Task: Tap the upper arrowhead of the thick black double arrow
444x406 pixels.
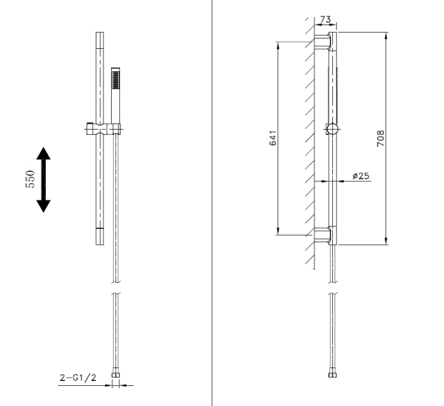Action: click(x=44, y=154)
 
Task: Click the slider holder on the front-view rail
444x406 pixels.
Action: click(x=101, y=129)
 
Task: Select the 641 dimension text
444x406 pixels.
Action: click(x=273, y=138)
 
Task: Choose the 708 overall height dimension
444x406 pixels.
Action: click(x=380, y=138)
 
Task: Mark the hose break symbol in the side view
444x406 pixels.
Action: click(x=332, y=287)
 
